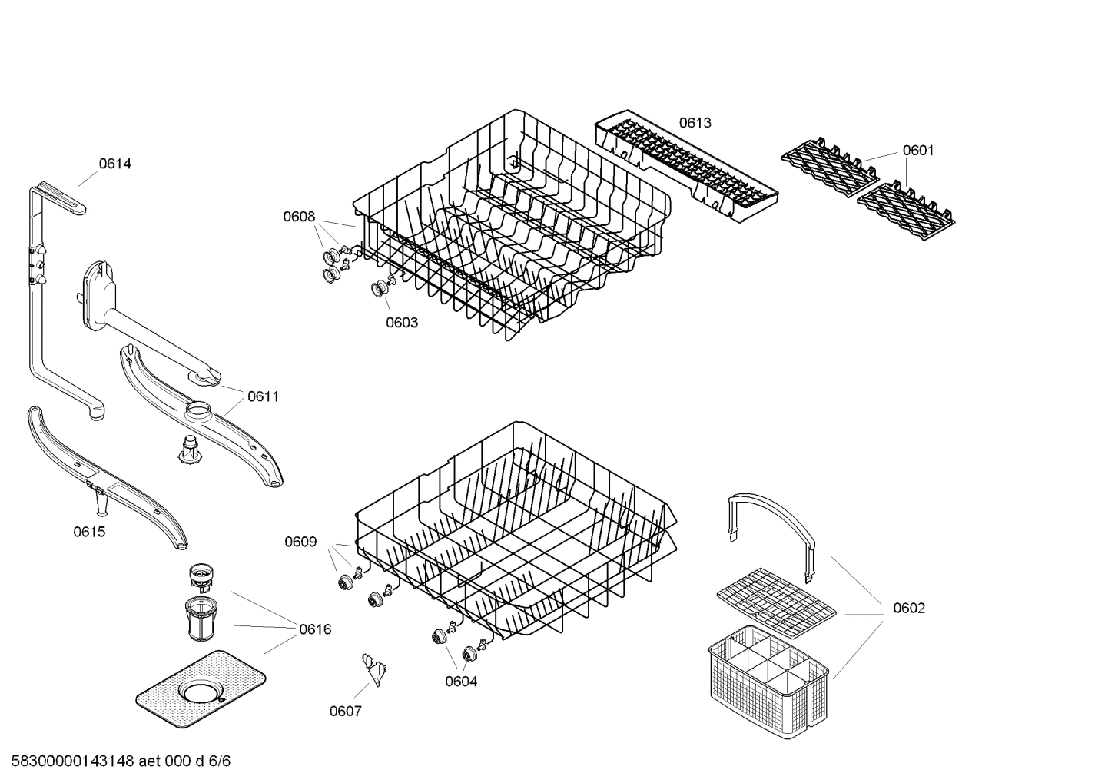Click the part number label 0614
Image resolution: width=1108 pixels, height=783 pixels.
[114, 164]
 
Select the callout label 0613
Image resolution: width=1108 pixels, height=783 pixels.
[695, 123]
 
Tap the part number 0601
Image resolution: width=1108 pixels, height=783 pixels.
[917, 151]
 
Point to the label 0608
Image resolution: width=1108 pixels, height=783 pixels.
[299, 217]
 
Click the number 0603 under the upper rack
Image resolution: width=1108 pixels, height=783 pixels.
[402, 323]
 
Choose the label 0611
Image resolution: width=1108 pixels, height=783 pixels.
[263, 396]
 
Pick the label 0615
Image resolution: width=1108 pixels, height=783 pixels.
[89, 532]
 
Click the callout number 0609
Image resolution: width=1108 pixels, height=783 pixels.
[300, 542]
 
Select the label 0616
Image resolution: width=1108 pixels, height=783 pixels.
[315, 630]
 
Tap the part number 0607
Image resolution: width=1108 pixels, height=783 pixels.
[346, 712]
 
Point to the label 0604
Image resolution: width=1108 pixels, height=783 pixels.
[461, 682]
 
